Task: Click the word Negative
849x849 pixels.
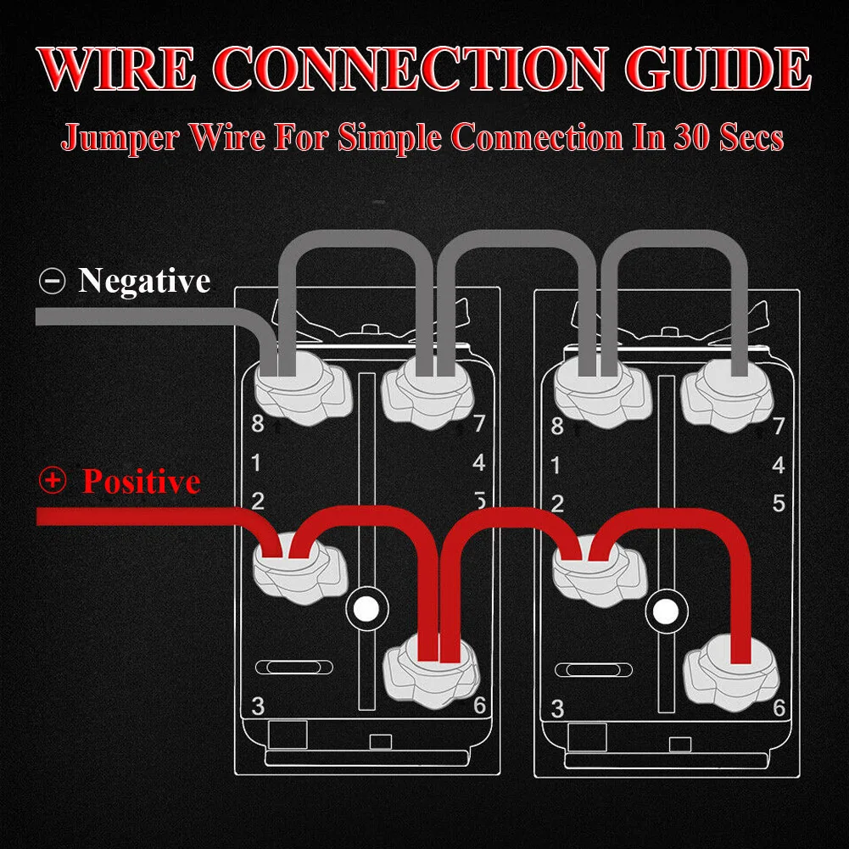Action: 144,280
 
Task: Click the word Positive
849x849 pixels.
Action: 141,482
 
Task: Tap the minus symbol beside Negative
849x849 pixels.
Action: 53,281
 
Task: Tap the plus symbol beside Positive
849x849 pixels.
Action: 53,481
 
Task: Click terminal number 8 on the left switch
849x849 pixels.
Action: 257,424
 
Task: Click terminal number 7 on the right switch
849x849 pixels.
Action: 779,426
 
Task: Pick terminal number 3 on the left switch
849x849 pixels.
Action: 258,706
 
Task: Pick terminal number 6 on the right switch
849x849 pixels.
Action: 779,708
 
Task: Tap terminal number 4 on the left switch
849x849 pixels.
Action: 479,463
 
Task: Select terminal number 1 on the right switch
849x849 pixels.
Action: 556,466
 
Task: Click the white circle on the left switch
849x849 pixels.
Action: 366,607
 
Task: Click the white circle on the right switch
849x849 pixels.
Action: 664,609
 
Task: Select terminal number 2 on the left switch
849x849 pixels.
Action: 258,500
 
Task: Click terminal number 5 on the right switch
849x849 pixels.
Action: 779,503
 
